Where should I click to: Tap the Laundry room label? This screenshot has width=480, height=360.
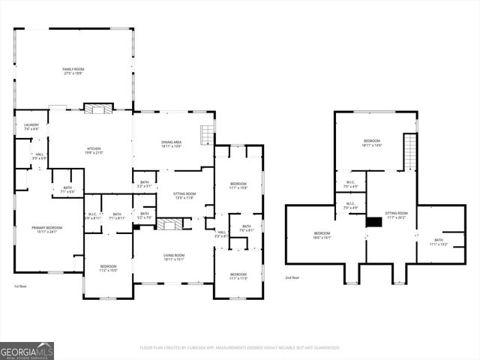click(x=31, y=127)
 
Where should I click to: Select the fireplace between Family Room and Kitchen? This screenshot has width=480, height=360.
click(x=98, y=109)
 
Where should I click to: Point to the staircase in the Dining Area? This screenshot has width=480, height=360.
click(x=206, y=135)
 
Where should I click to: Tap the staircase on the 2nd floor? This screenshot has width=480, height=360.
click(x=409, y=152)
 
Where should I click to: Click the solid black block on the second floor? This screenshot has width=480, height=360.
click(x=373, y=221)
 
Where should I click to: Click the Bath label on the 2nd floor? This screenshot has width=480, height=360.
click(x=438, y=242)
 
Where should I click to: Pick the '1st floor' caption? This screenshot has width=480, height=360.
click(x=22, y=286)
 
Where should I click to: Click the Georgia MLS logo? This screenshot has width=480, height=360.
click(x=27, y=351)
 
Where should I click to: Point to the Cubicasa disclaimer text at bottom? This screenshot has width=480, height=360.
click(x=239, y=347)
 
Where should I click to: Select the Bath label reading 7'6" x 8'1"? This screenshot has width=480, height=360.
click(x=246, y=228)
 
